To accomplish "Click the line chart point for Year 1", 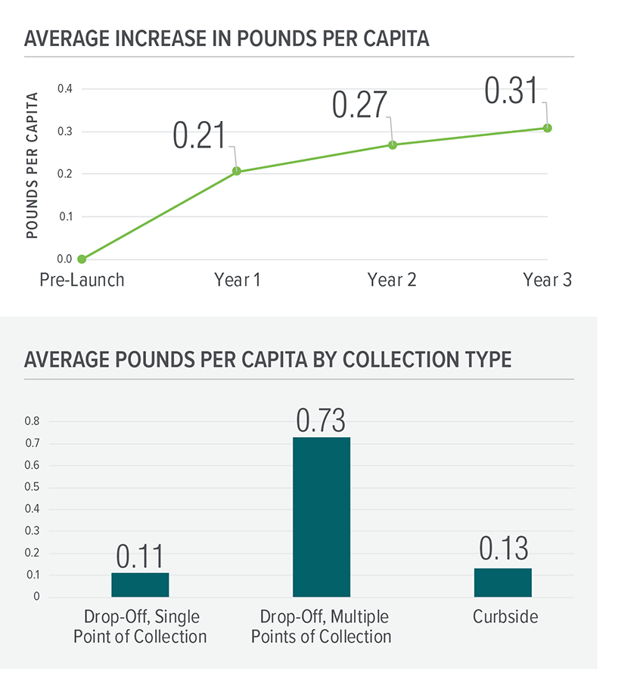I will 237,172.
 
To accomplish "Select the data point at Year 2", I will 392,144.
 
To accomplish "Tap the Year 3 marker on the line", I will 547,128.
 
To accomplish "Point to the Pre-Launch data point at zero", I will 82,259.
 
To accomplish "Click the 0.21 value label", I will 200,135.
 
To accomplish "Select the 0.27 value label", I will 359,106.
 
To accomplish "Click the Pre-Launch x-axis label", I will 82,280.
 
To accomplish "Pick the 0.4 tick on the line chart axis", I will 65,89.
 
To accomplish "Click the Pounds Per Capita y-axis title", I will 32,165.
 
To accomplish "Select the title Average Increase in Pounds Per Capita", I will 227,39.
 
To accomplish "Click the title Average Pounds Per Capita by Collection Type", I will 268,359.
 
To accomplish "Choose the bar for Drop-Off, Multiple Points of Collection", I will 321,517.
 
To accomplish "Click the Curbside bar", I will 503,582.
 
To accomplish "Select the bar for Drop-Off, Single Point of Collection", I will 140,585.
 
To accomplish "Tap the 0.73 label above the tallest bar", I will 321,420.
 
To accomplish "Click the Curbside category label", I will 505,617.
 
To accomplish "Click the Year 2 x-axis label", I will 392,280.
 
